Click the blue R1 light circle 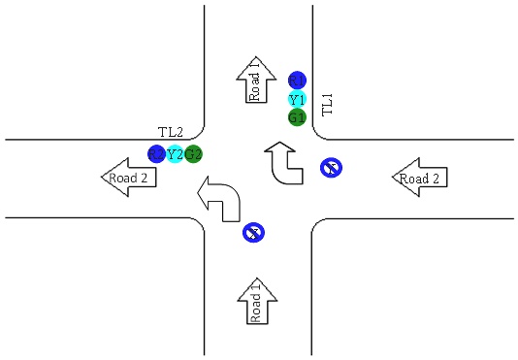(x=297, y=80)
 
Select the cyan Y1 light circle (x=297, y=99)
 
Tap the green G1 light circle (x=297, y=117)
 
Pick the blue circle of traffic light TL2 (x=156, y=153)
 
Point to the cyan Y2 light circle (x=175, y=153)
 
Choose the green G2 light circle (x=193, y=153)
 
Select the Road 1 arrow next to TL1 (x=255, y=80)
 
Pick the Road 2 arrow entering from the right (x=419, y=178)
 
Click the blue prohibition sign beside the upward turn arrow (x=331, y=168)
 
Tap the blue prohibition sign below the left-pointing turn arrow (x=253, y=232)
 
